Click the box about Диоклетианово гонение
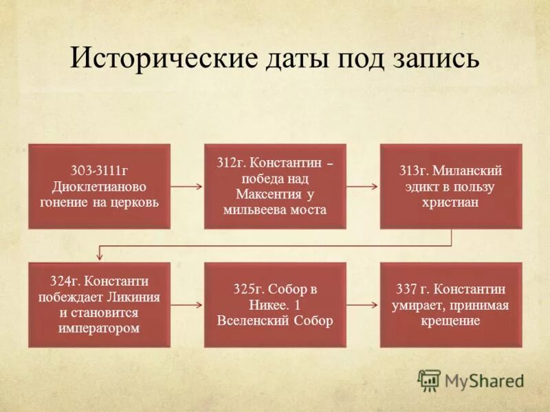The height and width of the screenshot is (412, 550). click(x=99, y=186)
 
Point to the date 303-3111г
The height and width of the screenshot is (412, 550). click(x=99, y=170)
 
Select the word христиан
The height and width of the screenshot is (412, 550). click(x=451, y=203)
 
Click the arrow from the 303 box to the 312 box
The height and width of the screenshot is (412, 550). click(x=186, y=186)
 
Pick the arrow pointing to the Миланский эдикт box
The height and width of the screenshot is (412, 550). click(x=362, y=186)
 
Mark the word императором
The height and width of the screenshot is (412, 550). click(x=99, y=328)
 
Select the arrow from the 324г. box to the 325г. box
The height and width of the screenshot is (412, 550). click(x=186, y=304)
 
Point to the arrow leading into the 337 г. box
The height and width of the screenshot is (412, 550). click(x=362, y=304)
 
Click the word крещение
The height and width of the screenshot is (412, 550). click(x=451, y=321)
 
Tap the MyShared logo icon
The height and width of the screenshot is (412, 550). click(x=429, y=380)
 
